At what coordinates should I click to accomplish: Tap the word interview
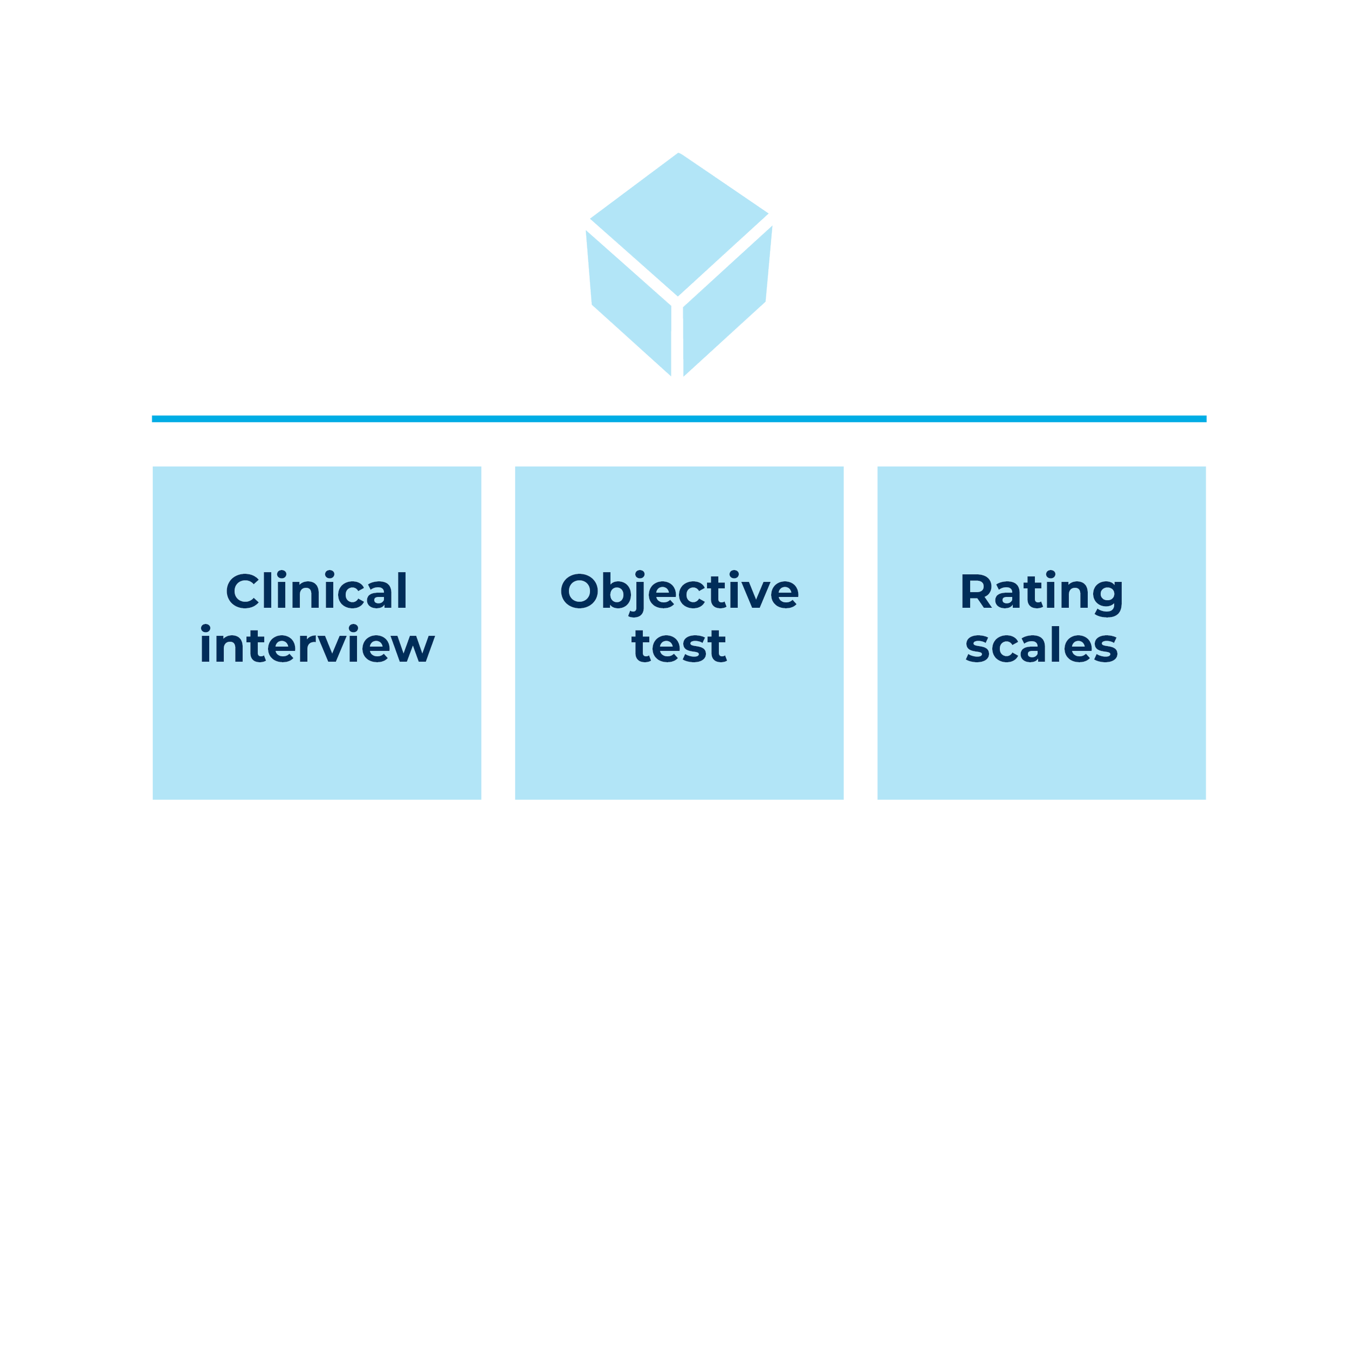(x=316, y=645)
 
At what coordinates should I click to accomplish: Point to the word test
(x=679, y=645)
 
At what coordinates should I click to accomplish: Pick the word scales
(x=1041, y=645)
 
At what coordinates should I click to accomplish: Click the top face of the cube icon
(x=679, y=222)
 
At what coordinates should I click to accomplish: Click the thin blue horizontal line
(x=679, y=419)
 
